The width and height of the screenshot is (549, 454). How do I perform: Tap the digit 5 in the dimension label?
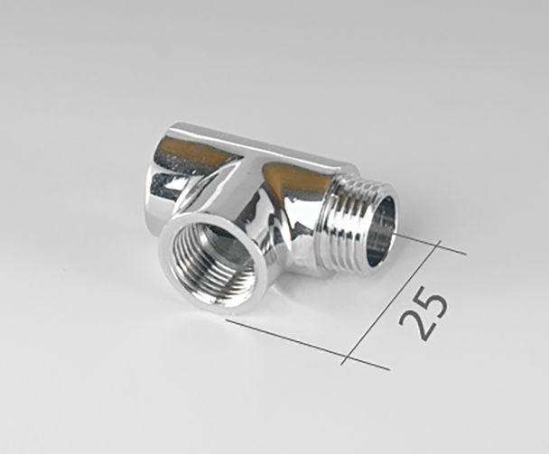point(431,301)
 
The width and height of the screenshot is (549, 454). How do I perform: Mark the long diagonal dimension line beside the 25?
point(391,302)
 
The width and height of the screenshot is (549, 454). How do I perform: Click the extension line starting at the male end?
point(431,244)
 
